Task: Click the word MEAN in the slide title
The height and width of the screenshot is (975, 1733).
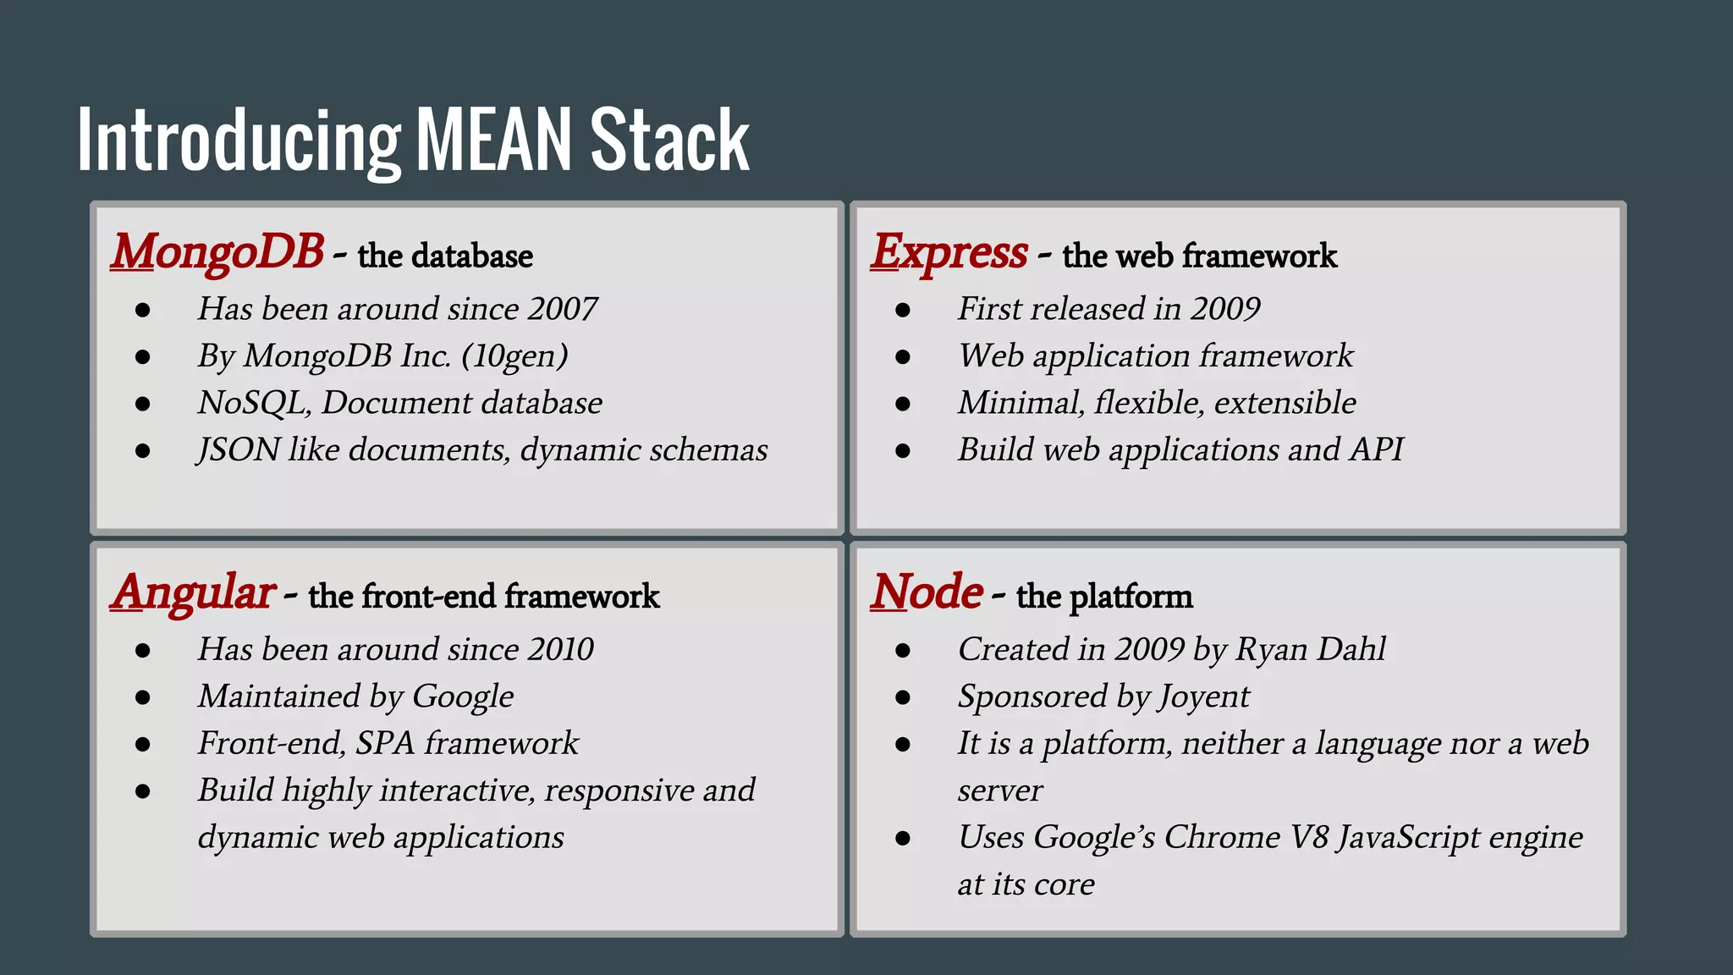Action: coord(495,140)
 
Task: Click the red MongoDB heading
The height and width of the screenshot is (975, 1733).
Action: coord(217,252)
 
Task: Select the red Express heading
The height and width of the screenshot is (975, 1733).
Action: coord(949,252)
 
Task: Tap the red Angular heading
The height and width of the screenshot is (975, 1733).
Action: coord(193,592)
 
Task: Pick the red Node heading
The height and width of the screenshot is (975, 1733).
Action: coord(927,592)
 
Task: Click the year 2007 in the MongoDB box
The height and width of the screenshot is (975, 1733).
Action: coord(563,310)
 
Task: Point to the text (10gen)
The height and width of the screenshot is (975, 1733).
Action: coord(515,356)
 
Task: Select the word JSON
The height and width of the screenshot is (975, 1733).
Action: coord(239,450)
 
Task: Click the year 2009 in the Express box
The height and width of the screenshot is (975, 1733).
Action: coord(1225,310)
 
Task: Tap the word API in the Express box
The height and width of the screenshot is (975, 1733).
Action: coord(1377,450)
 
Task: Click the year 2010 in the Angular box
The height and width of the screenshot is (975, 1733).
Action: coord(560,650)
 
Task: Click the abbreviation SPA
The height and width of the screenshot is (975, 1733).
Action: coord(385,744)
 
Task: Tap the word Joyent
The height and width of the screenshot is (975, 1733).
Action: coord(1203,697)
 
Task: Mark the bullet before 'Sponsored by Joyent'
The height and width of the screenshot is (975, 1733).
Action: coord(903,698)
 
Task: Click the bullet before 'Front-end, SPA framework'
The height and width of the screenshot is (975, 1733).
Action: coord(142,745)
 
